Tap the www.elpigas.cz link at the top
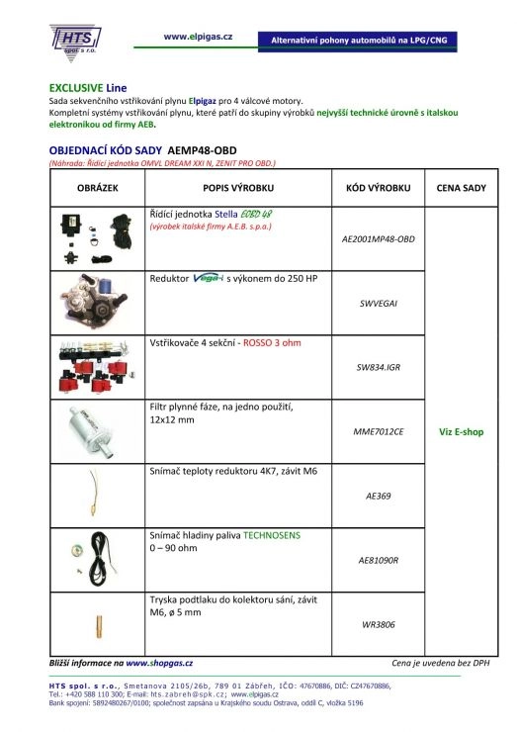point(197,36)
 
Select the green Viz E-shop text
point(461,431)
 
